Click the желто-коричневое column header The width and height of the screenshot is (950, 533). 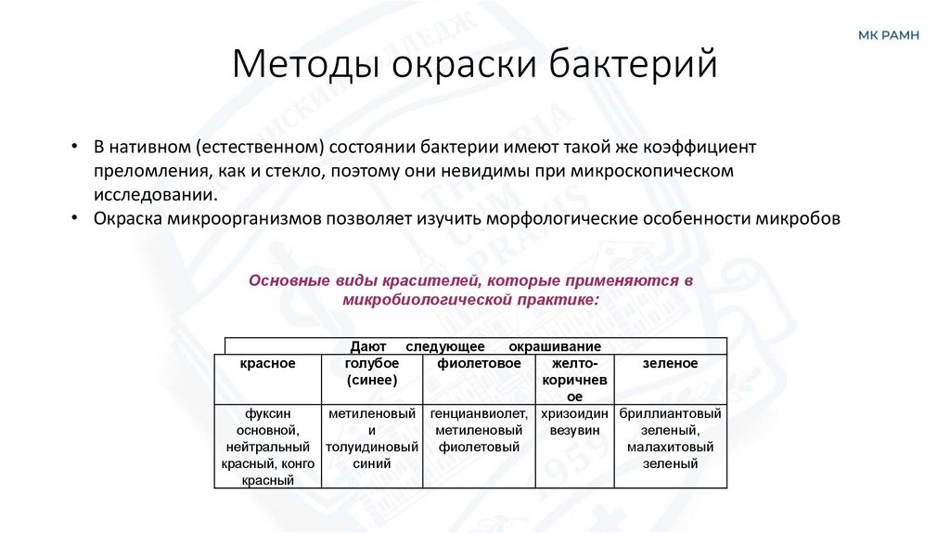pos(575,379)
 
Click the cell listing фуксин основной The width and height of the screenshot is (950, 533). pos(267,447)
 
